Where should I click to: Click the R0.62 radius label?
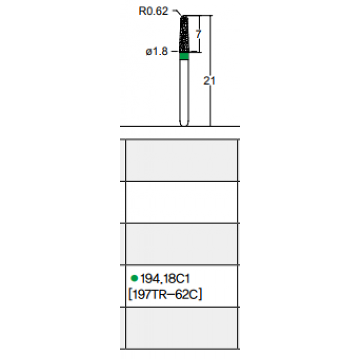(153, 11)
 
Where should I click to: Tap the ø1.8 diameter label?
(157, 51)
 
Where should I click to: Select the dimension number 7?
(199, 34)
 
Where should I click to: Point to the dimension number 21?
(209, 81)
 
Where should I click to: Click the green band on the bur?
(184, 56)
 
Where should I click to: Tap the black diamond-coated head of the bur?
(184, 34)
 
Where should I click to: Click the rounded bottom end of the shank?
(184, 124)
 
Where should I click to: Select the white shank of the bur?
(184, 93)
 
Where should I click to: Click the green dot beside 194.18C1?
(134, 278)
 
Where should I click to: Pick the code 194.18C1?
(165, 279)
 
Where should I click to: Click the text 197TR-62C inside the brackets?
(165, 295)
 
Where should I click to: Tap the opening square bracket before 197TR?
(130, 295)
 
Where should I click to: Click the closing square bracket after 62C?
(200, 295)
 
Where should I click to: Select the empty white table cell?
(182, 202)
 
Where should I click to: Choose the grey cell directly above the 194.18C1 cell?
(182, 244)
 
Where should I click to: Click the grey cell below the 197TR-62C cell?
(182, 328)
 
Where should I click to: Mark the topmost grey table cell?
(182, 160)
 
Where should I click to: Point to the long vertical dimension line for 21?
(210, 71)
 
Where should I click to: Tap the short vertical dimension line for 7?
(200, 34)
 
